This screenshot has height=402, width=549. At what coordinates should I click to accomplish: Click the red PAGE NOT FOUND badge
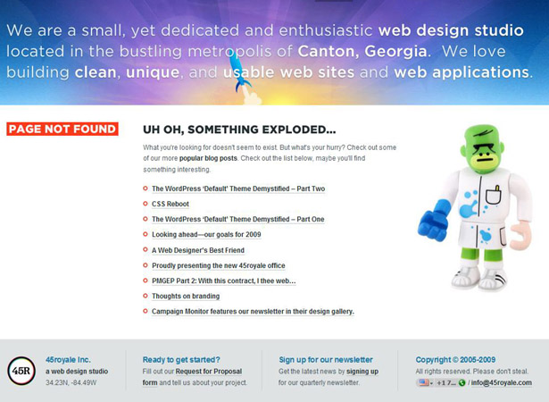[62, 130]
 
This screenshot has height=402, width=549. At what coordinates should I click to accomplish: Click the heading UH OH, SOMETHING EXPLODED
[239, 130]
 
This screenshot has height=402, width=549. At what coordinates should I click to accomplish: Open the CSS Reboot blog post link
[171, 205]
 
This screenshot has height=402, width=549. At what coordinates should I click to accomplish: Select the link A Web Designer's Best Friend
[198, 250]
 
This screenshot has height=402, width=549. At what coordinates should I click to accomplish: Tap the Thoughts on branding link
[186, 296]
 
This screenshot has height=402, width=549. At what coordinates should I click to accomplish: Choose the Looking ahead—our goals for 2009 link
[206, 235]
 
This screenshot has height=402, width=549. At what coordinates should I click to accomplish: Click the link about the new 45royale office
[219, 265]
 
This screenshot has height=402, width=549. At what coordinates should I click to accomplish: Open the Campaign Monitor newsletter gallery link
[253, 312]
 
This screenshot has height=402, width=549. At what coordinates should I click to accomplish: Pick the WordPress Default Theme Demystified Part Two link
[238, 188]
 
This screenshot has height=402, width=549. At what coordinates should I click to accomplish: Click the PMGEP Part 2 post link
[223, 281]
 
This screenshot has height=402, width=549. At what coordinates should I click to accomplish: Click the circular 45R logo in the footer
[21, 371]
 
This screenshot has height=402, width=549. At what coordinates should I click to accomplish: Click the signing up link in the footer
[362, 371]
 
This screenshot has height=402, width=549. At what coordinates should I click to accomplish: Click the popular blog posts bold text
[208, 157]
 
